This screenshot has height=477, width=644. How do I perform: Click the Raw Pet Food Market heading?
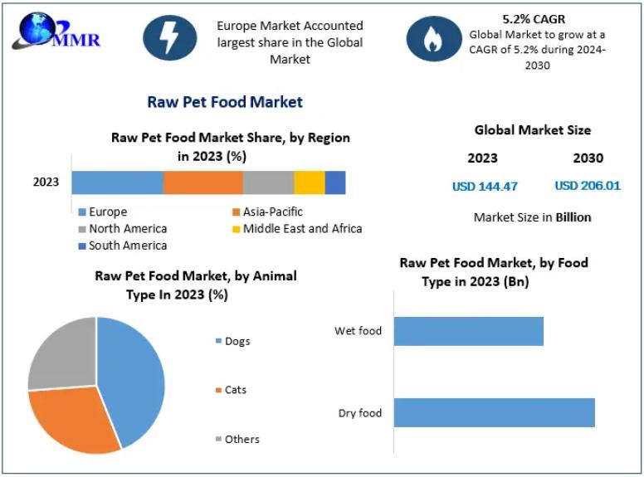point(225,102)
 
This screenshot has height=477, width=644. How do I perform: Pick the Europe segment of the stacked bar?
point(117,183)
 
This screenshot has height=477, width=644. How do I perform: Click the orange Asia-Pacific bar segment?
point(202,183)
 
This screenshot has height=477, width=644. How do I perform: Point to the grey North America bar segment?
point(268,183)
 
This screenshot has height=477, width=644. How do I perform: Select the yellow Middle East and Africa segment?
point(309,183)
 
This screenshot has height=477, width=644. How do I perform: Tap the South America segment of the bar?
point(334,183)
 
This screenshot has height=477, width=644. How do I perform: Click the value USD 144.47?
point(485,186)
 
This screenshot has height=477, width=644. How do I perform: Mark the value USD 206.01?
point(588,186)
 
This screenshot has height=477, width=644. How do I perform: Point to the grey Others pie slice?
point(62,353)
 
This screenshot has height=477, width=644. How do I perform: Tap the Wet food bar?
point(468,331)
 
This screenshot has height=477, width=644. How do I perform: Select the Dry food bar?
point(494,412)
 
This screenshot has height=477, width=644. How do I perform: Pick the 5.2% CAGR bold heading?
point(534,19)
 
